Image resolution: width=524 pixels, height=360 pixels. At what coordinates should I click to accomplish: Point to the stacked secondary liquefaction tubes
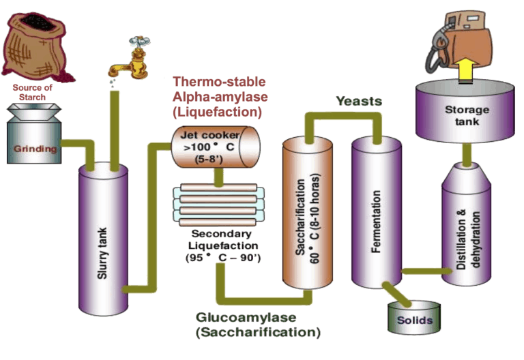click(215, 205)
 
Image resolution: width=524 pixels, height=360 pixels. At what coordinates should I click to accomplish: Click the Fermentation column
click(375, 211)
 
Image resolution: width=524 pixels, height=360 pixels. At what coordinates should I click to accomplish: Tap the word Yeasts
click(358, 101)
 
